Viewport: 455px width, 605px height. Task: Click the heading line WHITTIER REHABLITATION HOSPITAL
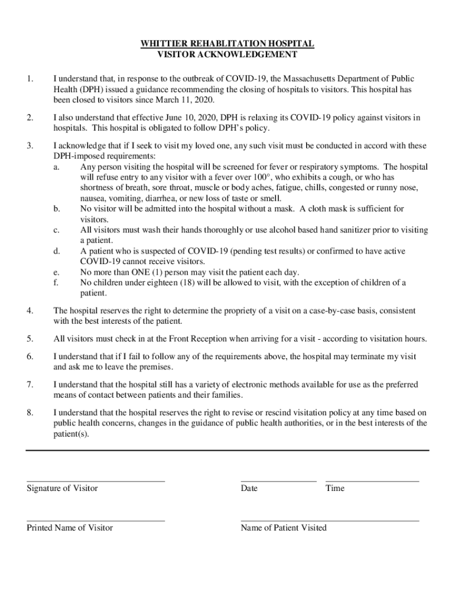tap(227, 44)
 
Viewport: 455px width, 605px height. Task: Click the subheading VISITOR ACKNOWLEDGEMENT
tap(227, 55)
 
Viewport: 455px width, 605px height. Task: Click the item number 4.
tap(30, 311)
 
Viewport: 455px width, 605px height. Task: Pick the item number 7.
tap(30, 385)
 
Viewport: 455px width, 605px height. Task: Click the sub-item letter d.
tap(56, 251)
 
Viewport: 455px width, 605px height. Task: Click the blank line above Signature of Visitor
tap(96, 482)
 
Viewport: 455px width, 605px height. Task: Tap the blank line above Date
tap(278, 482)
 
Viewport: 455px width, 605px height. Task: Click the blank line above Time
tap(372, 482)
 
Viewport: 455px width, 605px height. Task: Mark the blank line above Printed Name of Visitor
tap(96, 521)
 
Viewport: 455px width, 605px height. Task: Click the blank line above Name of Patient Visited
tap(330, 521)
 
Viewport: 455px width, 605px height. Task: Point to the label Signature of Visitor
tap(62, 489)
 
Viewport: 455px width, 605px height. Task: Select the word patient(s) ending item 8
tap(71, 434)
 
